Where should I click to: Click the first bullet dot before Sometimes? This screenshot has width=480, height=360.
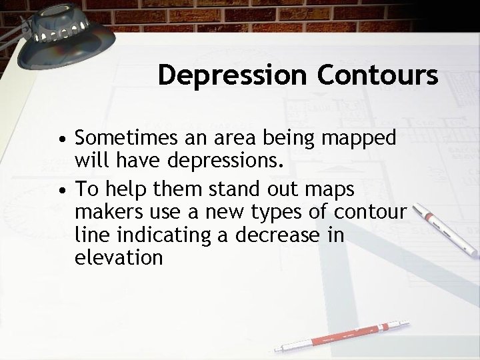[61, 141]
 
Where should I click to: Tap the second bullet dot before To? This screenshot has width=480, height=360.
[61, 189]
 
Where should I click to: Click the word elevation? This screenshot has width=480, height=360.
[119, 258]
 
